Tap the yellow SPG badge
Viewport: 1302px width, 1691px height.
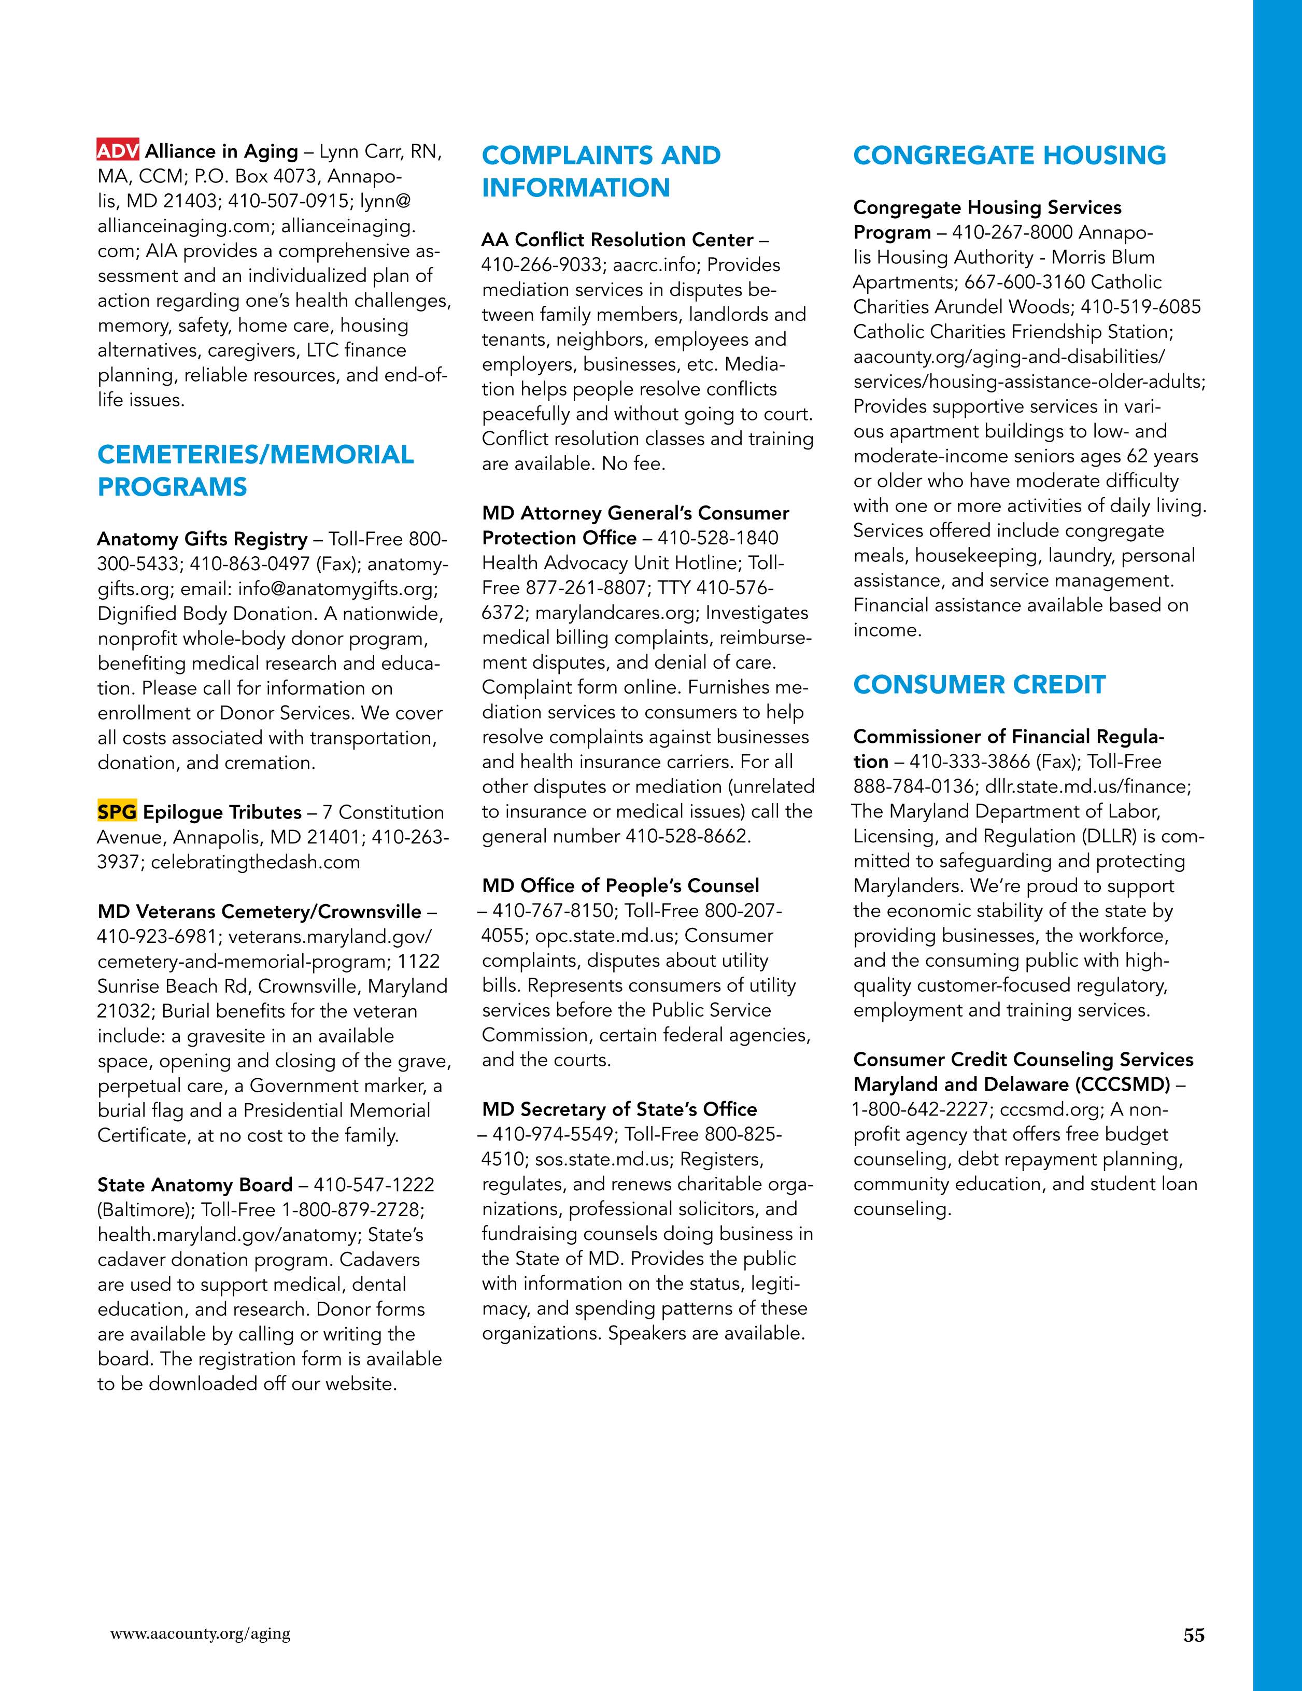click(117, 812)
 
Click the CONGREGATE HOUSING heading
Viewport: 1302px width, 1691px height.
click(1009, 155)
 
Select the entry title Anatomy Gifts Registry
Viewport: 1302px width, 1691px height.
click(202, 539)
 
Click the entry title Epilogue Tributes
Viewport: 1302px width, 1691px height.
click(222, 812)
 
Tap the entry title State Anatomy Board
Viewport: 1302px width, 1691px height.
click(195, 1185)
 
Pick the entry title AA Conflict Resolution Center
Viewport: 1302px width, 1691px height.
click(617, 240)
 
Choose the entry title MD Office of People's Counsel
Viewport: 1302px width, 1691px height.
click(620, 886)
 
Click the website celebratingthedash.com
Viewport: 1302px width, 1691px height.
click(256, 862)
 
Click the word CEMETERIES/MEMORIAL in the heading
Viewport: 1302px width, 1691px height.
click(256, 455)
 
